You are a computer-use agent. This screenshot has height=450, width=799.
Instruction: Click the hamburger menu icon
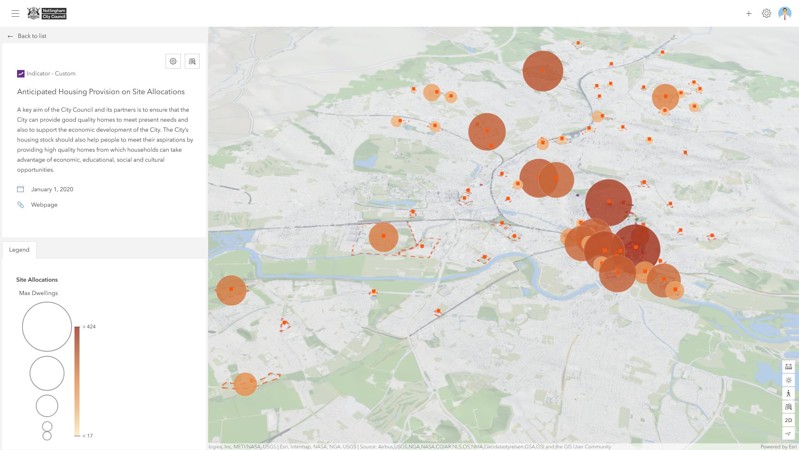(x=15, y=13)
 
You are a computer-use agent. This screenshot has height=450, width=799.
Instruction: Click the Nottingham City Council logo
(x=47, y=13)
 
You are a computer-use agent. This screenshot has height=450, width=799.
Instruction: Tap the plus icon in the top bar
(x=749, y=14)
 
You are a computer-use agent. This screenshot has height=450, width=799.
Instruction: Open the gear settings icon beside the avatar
(x=767, y=14)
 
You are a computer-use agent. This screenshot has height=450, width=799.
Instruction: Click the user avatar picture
(x=784, y=13)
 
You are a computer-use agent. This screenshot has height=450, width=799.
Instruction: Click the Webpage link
(x=44, y=205)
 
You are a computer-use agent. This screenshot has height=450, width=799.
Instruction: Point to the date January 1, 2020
(x=52, y=190)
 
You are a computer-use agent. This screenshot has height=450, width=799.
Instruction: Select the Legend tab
(x=19, y=250)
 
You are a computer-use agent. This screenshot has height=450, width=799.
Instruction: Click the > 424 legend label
(x=89, y=327)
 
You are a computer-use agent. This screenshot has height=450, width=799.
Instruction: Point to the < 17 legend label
(x=87, y=436)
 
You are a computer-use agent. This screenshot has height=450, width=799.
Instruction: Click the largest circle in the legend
(x=47, y=327)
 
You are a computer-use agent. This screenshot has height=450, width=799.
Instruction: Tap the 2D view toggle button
(x=788, y=420)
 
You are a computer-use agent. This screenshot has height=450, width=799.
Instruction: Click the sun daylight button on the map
(x=788, y=380)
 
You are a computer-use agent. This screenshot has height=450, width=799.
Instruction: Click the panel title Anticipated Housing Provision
(x=101, y=92)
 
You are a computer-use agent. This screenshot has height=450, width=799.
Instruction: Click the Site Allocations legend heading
(x=37, y=280)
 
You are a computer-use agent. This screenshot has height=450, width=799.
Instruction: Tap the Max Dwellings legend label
(x=38, y=293)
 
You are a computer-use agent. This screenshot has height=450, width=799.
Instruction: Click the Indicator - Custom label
(x=51, y=74)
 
